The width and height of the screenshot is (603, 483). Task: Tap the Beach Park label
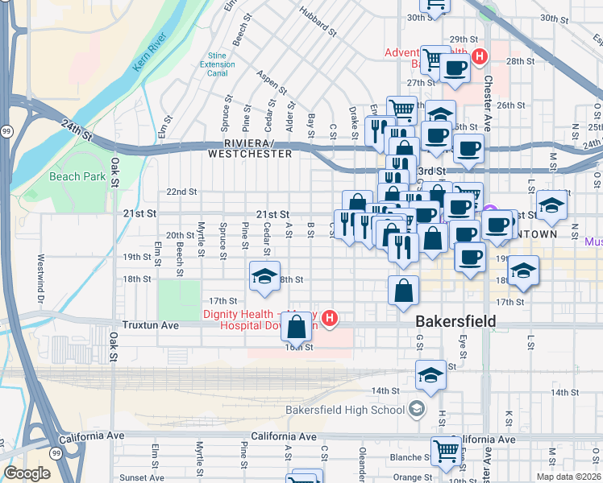click(77, 176)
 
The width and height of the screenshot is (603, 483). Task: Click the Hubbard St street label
click(317, 22)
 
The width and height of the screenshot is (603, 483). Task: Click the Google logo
click(27, 473)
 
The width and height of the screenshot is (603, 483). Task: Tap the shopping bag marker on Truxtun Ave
click(297, 326)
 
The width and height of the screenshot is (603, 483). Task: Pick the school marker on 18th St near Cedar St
click(264, 276)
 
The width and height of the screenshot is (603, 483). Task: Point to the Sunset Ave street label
click(139, 477)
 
